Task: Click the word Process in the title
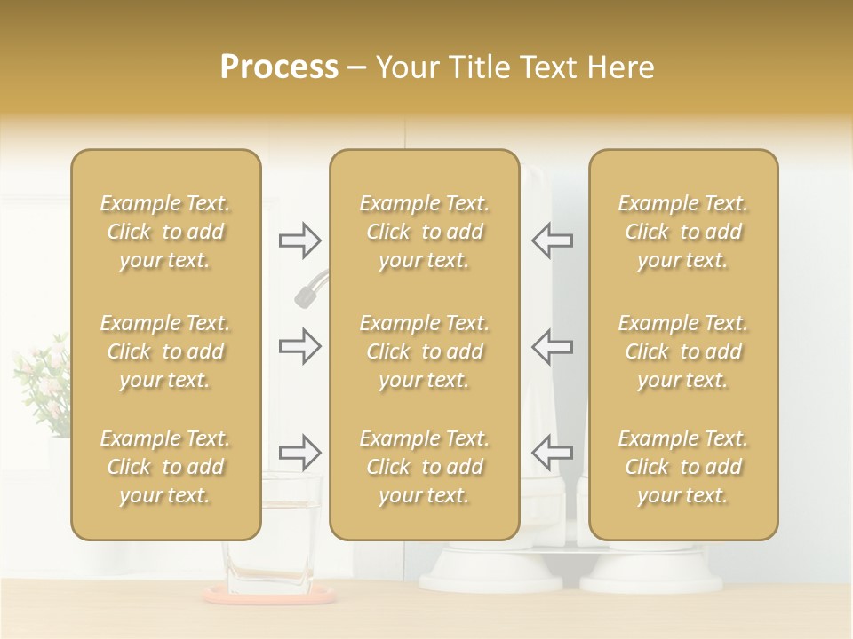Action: pyautogui.click(x=279, y=67)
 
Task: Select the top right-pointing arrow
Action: pyautogui.click(x=299, y=240)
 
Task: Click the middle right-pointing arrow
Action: pyautogui.click(x=299, y=346)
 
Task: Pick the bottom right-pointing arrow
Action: pyautogui.click(x=299, y=453)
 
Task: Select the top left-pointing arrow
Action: pyautogui.click(x=552, y=240)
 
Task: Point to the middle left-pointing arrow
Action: pyautogui.click(x=552, y=346)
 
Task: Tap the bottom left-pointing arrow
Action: pyautogui.click(x=552, y=453)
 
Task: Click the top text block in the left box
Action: pyautogui.click(x=165, y=232)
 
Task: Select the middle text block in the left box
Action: pyautogui.click(x=165, y=351)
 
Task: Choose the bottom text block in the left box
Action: pyautogui.click(x=165, y=467)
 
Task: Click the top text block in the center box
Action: pyautogui.click(x=425, y=232)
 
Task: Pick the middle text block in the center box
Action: pyautogui.click(x=425, y=351)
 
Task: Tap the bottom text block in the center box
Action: pyautogui.click(x=425, y=467)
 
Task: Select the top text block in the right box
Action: pyautogui.click(x=683, y=232)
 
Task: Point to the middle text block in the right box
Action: pyautogui.click(x=683, y=351)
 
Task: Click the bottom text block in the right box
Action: pyautogui.click(x=683, y=467)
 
